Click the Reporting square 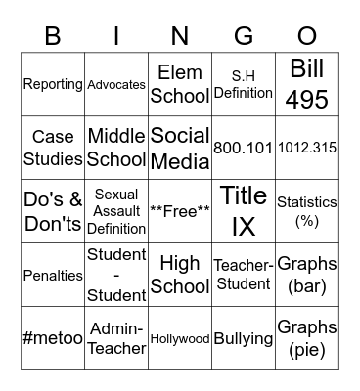53,84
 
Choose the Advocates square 116,84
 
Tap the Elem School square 180,84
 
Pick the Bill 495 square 307,84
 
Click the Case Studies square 53,148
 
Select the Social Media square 180,148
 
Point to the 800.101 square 244,148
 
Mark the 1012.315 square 307,148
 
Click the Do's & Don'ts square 53,211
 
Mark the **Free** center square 180,211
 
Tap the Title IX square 244,211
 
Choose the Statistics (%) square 307,211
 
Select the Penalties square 53,275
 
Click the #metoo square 53,338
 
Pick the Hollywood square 180,338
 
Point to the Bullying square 244,338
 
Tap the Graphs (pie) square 307,338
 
